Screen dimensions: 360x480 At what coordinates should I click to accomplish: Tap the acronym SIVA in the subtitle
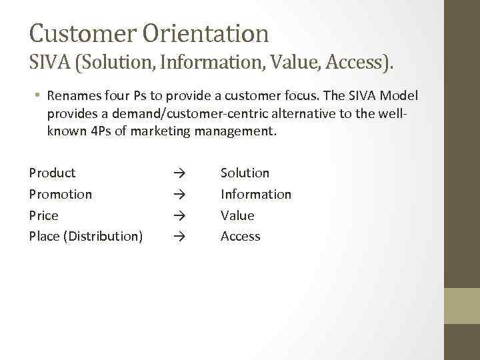pyautogui.click(x=51, y=64)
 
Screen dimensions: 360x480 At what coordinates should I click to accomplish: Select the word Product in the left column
pyautogui.click(x=53, y=173)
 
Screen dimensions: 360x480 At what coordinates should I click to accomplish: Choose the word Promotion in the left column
pyautogui.click(x=61, y=195)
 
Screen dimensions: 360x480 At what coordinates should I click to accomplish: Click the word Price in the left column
pyautogui.click(x=44, y=216)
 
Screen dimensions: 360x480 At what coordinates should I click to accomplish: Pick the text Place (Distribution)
pyautogui.click(x=86, y=237)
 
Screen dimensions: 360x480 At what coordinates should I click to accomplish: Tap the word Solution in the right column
pyautogui.click(x=245, y=173)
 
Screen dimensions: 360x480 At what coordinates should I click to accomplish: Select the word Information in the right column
pyautogui.click(x=256, y=195)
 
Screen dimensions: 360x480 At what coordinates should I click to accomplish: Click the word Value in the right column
pyautogui.click(x=237, y=216)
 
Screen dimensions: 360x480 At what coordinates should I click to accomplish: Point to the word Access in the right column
pyautogui.click(x=241, y=237)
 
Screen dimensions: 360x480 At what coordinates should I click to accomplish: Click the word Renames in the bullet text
pyautogui.click(x=74, y=96)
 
